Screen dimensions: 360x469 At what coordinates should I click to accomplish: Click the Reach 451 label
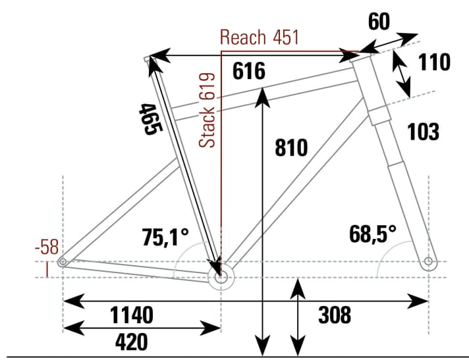tap(260, 38)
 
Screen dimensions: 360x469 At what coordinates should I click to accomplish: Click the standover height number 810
tap(290, 148)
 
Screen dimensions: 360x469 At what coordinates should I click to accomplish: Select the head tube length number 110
tap(433, 63)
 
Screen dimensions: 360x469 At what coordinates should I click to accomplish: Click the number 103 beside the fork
tap(423, 132)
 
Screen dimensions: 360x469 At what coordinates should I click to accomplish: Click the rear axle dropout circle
tap(63, 262)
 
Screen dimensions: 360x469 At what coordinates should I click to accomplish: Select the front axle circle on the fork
tap(428, 262)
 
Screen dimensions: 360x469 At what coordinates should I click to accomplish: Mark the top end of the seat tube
tap(148, 60)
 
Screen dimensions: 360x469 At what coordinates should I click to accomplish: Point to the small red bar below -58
tap(47, 270)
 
